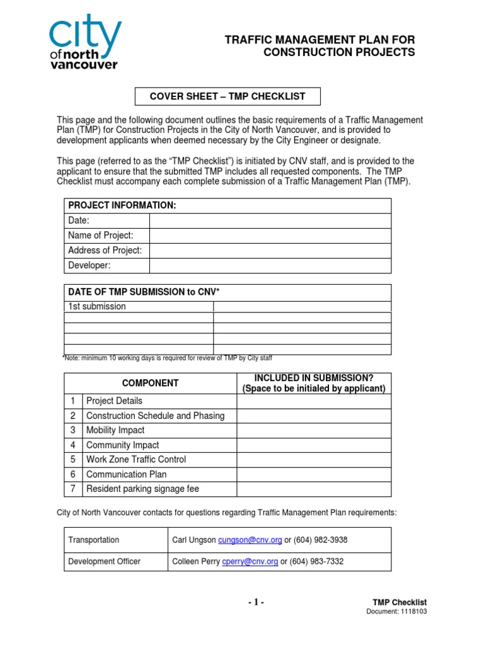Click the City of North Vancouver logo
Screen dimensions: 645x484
(84, 43)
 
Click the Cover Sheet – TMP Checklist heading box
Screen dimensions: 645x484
(227, 96)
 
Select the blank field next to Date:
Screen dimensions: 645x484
(270, 220)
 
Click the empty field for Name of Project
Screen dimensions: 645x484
(270, 236)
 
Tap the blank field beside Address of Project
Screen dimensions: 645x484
(270, 251)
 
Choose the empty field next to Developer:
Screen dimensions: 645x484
(270, 265)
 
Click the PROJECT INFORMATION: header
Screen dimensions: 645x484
(122, 206)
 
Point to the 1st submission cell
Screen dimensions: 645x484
(139, 307)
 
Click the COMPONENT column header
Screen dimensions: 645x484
(150, 383)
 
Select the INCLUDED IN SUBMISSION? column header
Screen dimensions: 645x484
(313, 383)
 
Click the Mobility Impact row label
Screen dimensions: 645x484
(115, 430)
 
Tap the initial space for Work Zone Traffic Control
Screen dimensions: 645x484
(313, 460)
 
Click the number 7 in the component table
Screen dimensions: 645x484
(73, 489)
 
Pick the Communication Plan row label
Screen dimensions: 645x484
(126, 474)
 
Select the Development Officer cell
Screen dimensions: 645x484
(105, 561)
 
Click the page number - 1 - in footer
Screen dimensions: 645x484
(256, 603)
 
